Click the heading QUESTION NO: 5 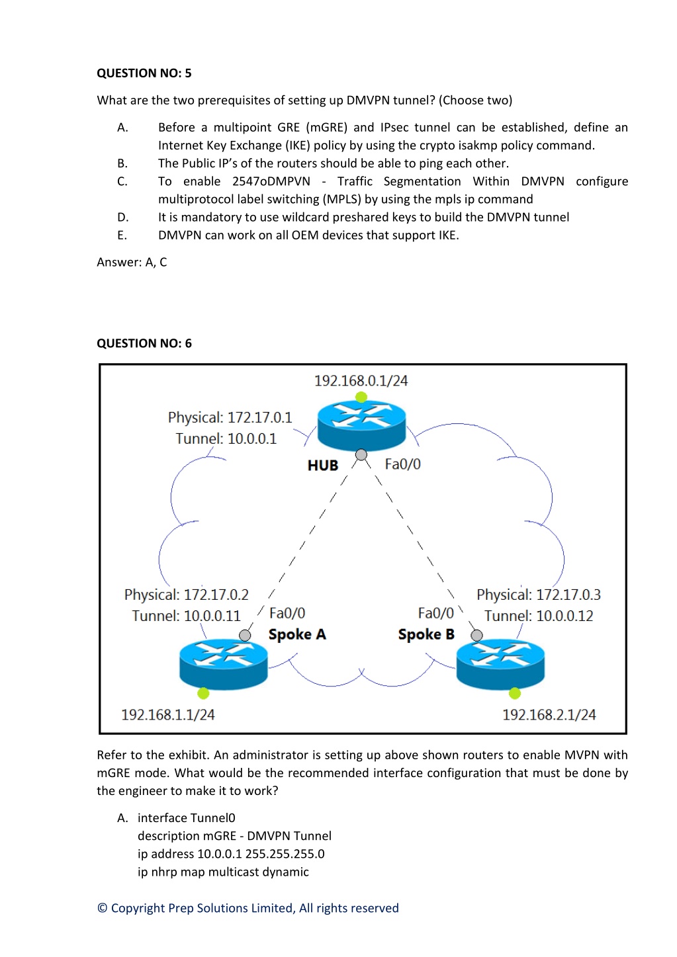tap(144, 73)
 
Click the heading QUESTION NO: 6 tap(144, 343)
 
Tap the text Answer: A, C tap(132, 262)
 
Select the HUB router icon tap(361, 425)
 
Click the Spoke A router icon tap(224, 665)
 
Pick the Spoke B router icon tap(500, 665)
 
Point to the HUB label tap(323, 465)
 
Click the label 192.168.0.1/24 tap(361, 381)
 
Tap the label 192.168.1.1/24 tap(168, 715)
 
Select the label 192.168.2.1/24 tap(549, 715)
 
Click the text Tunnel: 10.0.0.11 tap(187, 616)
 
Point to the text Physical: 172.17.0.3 tap(539, 595)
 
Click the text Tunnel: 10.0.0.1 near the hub tap(226, 438)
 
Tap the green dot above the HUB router tap(361, 397)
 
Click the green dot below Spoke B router tap(515, 693)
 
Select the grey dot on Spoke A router tap(245, 636)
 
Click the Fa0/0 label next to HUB tap(402, 464)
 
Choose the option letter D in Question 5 tap(122, 218)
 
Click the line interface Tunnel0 tap(187, 817)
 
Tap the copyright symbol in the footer tap(102, 907)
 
